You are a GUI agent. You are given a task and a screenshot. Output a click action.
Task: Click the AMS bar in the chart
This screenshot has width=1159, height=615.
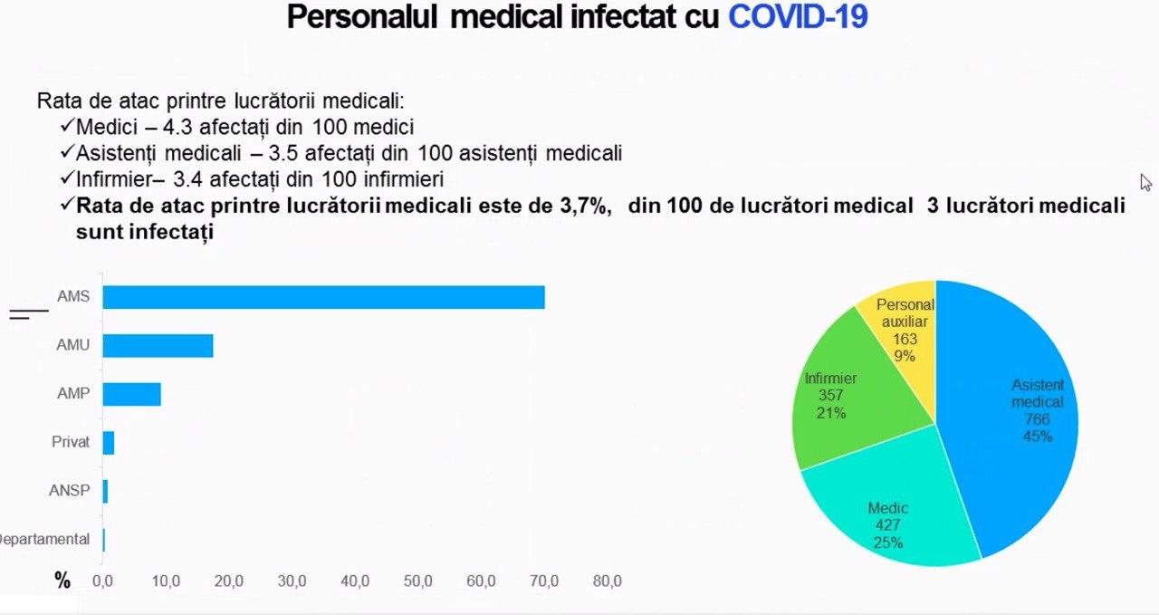click(x=323, y=297)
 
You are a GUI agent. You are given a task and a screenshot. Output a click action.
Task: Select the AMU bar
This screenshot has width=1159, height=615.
click(x=158, y=346)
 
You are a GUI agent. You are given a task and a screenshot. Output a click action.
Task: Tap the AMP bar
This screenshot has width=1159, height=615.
click(x=131, y=394)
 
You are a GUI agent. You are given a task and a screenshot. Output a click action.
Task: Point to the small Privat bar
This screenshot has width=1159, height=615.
click(x=109, y=443)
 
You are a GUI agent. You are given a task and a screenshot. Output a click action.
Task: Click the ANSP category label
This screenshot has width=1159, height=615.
click(x=70, y=491)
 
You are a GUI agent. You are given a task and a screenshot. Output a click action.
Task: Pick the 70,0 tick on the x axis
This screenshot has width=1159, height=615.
click(x=545, y=581)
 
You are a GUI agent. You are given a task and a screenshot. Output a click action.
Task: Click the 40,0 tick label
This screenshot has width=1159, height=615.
click(x=355, y=581)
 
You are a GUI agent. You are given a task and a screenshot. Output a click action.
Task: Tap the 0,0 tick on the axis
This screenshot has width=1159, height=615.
click(x=103, y=581)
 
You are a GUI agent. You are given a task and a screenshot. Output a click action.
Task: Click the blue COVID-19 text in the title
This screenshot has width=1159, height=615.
click(x=798, y=16)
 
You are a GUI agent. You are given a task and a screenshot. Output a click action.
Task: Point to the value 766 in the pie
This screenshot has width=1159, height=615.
click(x=1038, y=419)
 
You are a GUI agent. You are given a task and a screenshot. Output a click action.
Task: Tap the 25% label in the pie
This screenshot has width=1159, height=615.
click(x=887, y=543)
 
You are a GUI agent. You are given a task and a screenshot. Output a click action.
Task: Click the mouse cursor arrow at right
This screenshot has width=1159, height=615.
click(x=1145, y=181)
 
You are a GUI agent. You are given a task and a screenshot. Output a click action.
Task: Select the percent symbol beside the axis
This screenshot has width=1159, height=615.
click(x=62, y=581)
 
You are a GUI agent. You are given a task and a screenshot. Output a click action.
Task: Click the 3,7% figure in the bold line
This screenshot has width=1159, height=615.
click(x=580, y=206)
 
